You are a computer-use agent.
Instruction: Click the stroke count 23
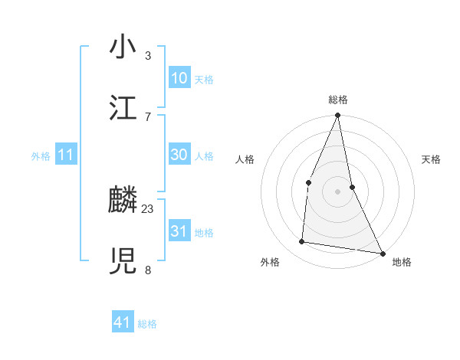tap(148, 208)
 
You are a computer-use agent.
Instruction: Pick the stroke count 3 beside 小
tap(148, 55)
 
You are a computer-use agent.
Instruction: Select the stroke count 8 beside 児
tap(148, 270)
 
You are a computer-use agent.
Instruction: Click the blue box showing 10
tap(179, 78)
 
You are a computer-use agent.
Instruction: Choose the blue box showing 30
tap(179, 155)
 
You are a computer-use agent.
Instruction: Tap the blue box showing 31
tap(179, 231)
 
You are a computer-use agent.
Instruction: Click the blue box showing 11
tap(66, 155)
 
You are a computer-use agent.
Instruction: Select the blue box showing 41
tap(123, 322)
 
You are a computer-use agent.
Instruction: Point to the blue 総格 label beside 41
tap(147, 324)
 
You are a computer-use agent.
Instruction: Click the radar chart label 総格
tap(338, 100)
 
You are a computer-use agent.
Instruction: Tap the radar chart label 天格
tap(432, 159)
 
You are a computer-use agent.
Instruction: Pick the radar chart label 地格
tap(402, 262)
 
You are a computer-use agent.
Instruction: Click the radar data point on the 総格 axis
tap(337, 116)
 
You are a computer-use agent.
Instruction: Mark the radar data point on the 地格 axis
tap(382, 253)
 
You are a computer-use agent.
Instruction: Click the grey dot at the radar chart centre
tap(337, 191)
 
